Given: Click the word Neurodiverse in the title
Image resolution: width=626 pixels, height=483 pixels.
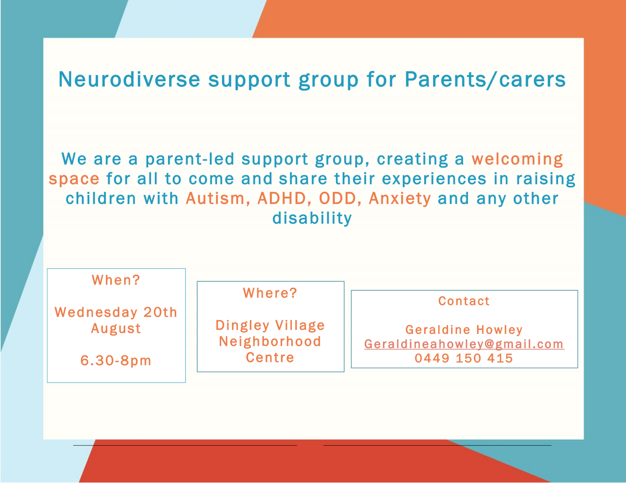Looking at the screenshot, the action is coord(129,79).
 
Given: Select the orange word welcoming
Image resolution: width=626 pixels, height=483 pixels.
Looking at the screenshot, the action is coord(517,159).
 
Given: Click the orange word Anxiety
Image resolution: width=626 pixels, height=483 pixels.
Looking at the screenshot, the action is coord(400,199).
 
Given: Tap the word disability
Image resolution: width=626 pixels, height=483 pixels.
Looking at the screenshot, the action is coord(312,218).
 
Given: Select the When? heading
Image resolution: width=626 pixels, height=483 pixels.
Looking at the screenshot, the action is coord(116,280).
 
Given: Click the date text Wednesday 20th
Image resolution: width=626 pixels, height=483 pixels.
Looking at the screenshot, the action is coord(116,312).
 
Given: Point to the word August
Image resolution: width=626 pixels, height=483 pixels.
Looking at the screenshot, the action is coord(116,329).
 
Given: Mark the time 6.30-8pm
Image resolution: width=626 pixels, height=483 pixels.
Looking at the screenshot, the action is coord(116,361).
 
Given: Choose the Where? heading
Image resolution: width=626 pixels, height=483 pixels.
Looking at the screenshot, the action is coord(270,293).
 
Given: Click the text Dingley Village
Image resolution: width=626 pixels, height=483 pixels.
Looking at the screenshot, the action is coord(270,326).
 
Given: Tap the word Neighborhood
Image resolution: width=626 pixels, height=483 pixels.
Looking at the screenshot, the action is coord(270,341).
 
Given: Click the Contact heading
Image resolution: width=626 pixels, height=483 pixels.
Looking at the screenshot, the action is coord(464,301).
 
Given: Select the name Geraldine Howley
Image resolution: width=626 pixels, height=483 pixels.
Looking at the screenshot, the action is coord(464,330).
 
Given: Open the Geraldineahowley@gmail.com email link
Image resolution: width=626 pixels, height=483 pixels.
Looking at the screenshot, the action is coord(464,344).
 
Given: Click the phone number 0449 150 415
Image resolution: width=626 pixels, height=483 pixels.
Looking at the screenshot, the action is coord(464,358).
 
